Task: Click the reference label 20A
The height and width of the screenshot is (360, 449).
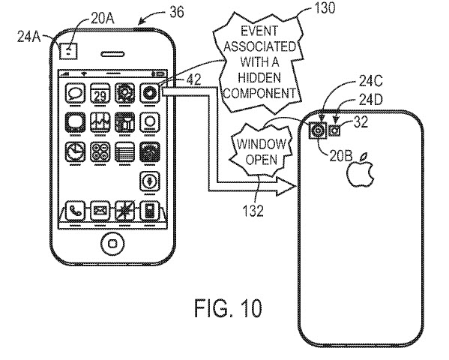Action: point(103,19)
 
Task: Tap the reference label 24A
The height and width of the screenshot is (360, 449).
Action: point(29,37)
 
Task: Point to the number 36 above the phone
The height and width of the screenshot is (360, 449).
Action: point(177,12)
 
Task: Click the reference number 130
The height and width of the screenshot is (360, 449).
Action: point(325,7)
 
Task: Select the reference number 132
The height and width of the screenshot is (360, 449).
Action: point(253,211)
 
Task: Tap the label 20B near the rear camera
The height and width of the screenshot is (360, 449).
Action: point(341,156)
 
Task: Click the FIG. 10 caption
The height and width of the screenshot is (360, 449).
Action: point(228,308)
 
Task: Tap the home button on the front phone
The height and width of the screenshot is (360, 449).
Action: point(112,243)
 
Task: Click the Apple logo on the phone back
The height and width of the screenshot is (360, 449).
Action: point(361,170)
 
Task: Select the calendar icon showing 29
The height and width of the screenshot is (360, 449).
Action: point(100,93)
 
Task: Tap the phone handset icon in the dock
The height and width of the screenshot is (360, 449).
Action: point(75,211)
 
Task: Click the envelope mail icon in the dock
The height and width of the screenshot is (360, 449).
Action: point(100,211)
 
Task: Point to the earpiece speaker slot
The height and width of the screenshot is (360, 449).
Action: point(112,54)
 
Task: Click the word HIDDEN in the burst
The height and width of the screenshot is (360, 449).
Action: point(259,77)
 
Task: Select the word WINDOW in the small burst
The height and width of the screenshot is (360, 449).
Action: point(261,144)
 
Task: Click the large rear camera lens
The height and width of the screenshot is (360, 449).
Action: point(318,130)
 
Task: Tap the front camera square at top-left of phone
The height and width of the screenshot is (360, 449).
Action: point(68,51)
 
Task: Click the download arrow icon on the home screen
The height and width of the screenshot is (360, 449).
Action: point(149,181)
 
